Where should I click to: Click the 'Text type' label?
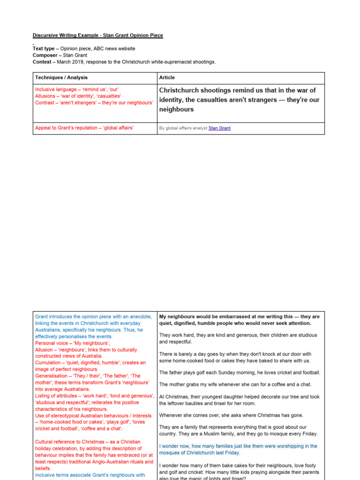[x=44, y=49]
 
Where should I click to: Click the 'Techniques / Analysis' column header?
[x=61, y=78]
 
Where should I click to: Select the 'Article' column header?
[x=167, y=78]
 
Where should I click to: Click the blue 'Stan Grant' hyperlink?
[x=219, y=128]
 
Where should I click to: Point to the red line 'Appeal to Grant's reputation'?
[x=84, y=128]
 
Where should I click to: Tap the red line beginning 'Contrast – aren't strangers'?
[x=94, y=102]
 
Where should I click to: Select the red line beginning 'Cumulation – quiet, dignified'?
[x=90, y=363]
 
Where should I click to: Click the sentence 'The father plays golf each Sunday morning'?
[x=240, y=373]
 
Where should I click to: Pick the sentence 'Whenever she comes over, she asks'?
[x=231, y=415]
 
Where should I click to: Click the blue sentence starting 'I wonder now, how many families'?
[x=238, y=446]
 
